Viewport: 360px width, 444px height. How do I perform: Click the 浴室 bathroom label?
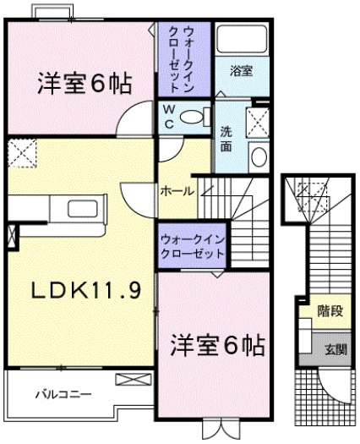(241, 72)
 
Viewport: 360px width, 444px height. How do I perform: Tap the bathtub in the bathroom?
(241, 40)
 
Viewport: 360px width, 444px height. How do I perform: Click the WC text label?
(167, 115)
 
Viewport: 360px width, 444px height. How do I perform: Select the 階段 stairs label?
(330, 311)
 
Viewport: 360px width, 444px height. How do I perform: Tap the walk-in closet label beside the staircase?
(192, 247)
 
